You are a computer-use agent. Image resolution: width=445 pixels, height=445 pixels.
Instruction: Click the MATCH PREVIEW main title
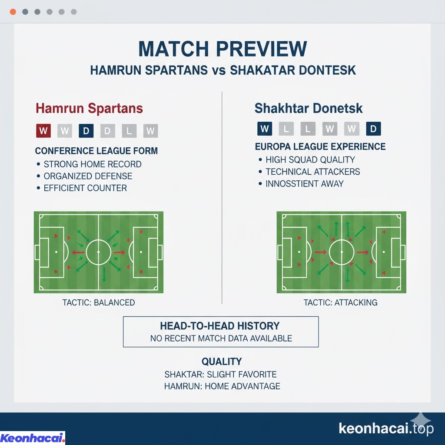pos(222,49)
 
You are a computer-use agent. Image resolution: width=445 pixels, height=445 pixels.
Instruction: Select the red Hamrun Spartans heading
pos(89,108)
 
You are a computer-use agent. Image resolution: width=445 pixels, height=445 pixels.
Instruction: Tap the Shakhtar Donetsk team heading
pos(309,108)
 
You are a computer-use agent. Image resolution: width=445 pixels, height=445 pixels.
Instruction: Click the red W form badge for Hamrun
pos(43,131)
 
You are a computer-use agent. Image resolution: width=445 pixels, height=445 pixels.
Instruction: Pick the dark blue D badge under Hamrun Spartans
pos(86,131)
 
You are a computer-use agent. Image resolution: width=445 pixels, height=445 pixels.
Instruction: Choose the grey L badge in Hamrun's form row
pos(129,131)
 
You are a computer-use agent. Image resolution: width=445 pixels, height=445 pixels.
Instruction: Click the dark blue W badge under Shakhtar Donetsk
pos(265,129)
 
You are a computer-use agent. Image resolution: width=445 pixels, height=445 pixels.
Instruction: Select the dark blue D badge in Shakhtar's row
pos(373,129)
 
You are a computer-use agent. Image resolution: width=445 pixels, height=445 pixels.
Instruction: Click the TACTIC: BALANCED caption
pos(99,302)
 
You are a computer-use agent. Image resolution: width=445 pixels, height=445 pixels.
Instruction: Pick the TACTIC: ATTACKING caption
pos(341,302)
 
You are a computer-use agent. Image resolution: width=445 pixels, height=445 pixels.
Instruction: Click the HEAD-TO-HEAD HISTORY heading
pos(220,326)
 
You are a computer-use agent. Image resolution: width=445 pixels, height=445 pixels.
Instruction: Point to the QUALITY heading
pos(222,362)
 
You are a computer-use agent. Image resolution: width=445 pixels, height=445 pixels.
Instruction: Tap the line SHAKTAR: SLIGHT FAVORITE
pos(220,374)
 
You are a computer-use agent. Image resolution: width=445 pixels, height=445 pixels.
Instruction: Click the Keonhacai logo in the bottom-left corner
pos(32,438)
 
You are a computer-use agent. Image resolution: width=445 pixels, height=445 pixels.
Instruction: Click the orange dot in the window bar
pos(13,12)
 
